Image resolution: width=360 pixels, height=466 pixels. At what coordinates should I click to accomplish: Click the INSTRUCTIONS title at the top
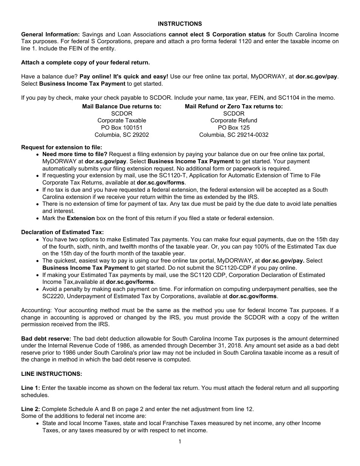pos(180,23)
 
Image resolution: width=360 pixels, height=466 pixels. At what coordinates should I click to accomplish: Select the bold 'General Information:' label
pos(50,34)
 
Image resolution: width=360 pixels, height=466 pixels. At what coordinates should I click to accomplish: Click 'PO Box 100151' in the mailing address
pos(122,128)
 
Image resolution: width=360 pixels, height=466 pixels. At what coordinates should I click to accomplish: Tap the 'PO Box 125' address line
pos(234,128)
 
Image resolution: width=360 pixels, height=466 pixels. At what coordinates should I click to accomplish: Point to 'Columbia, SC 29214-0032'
pos(234,135)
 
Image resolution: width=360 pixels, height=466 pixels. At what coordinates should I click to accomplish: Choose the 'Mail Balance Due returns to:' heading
pos(122,106)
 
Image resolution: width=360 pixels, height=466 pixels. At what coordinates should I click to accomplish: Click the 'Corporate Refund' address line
pos(234,120)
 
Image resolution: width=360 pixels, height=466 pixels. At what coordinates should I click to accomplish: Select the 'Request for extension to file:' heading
pos(61,147)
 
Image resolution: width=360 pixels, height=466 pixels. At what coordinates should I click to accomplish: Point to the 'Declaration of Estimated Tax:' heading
pos(62,232)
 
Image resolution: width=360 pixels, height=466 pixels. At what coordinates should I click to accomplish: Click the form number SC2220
pos(53,296)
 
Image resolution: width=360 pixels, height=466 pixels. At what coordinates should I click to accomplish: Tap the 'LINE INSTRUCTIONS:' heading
pos(52,374)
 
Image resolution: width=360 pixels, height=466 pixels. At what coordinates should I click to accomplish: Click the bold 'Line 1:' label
pos(30,388)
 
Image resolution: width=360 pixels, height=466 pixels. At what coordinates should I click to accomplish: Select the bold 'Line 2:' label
pos(30,409)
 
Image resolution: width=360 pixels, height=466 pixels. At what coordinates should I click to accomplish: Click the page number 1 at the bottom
pos(180,441)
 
